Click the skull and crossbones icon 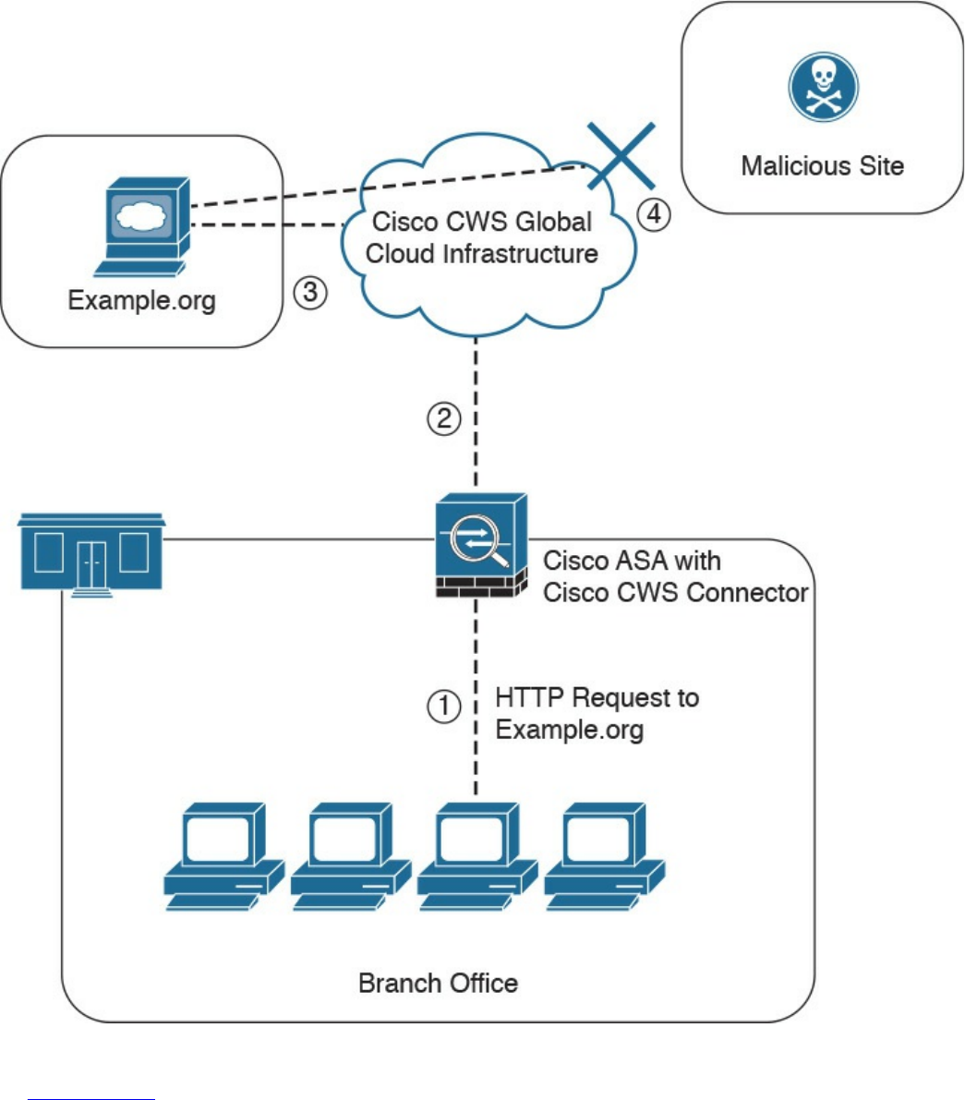pyautogui.click(x=822, y=88)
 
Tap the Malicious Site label pyautogui.click(x=822, y=166)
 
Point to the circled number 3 pyautogui.click(x=309, y=293)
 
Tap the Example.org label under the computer pyautogui.click(x=141, y=301)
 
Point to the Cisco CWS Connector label pyautogui.click(x=675, y=577)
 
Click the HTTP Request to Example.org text pyautogui.click(x=597, y=713)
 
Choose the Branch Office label pyautogui.click(x=438, y=982)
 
